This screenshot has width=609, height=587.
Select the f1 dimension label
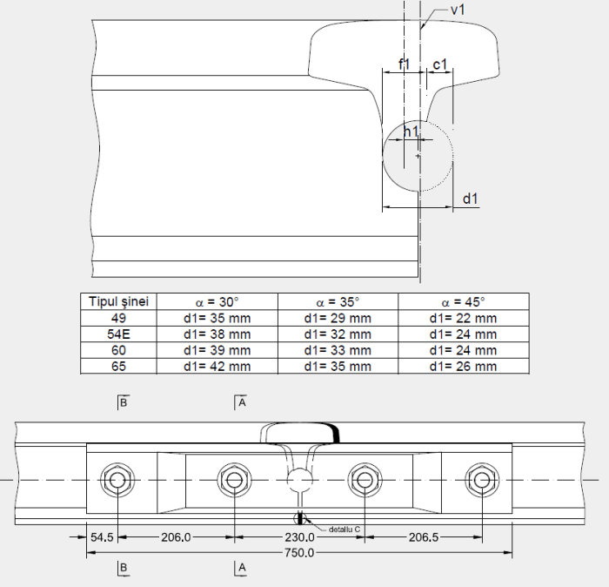[405, 64]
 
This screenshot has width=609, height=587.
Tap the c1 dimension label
[439, 64]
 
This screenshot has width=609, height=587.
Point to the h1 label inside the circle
[412, 132]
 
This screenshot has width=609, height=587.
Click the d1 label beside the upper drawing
[471, 199]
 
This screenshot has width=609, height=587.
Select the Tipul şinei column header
[118, 301]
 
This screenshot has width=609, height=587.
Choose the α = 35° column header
[338, 301]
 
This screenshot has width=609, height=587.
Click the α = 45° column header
[463, 301]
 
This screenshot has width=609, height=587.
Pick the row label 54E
[118, 334]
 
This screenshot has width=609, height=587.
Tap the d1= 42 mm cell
[217, 366]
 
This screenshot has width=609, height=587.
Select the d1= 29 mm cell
[338, 318]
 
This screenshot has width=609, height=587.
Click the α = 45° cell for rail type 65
[463, 366]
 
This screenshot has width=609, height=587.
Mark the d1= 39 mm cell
[217, 350]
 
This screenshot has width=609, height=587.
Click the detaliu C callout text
[345, 529]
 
